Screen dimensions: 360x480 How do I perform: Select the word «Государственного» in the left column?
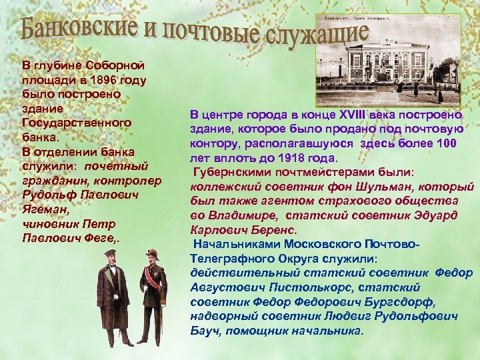77,123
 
